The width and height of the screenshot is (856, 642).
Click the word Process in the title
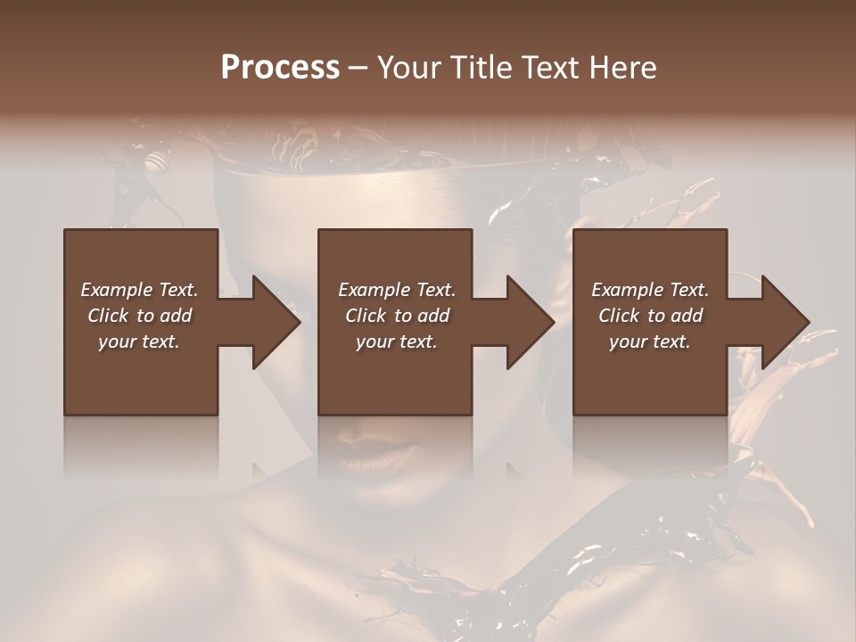(x=280, y=68)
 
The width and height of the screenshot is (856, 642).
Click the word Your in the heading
(x=408, y=68)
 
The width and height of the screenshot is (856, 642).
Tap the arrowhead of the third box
(x=785, y=322)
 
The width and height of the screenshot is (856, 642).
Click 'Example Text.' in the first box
(x=139, y=290)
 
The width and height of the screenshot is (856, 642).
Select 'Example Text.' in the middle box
(x=396, y=290)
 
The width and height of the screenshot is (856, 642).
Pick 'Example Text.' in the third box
(x=650, y=290)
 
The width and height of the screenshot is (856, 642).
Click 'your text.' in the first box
(x=139, y=342)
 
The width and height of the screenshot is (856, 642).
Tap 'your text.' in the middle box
(x=396, y=342)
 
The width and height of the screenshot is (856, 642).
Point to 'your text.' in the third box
(x=650, y=342)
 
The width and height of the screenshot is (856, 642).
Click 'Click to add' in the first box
(x=139, y=316)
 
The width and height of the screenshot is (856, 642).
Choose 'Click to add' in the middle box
(x=396, y=316)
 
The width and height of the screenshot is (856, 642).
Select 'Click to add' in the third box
(x=650, y=316)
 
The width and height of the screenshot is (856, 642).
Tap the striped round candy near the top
(x=157, y=162)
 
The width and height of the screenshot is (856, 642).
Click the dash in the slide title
(x=358, y=69)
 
